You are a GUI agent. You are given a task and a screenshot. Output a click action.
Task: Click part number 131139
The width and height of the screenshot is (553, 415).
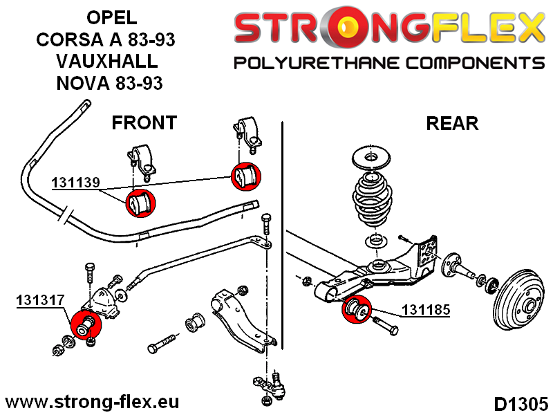pyautogui.click(x=76, y=183)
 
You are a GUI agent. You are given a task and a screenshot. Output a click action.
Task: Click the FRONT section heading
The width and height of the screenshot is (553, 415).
pyautogui.click(x=144, y=123)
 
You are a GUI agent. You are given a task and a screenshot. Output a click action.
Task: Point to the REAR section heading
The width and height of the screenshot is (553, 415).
pyautogui.click(x=452, y=124)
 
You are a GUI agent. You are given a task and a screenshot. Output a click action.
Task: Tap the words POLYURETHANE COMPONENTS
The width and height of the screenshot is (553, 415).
pyautogui.click(x=389, y=64)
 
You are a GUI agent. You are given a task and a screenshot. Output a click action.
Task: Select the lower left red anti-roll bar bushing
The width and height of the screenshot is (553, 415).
pyautogui.click(x=139, y=203)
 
